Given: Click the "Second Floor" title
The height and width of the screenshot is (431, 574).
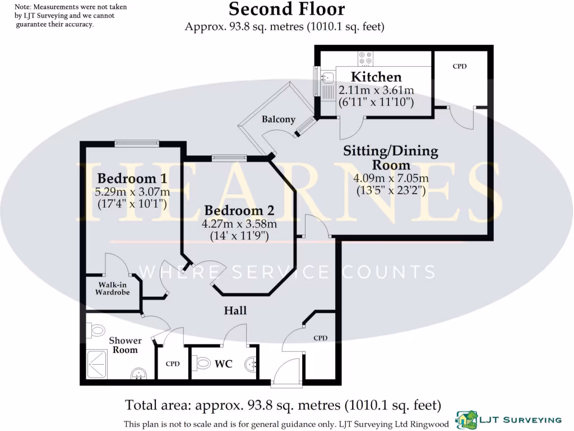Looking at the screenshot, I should tap(286, 9).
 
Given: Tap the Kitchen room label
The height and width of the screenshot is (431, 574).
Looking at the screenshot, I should tap(376, 77).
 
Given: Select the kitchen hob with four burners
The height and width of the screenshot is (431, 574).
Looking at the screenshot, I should tap(365, 58).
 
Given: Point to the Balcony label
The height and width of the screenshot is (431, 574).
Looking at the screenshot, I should tap(279, 119).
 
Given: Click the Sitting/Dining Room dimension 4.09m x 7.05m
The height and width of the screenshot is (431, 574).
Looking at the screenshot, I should tap(391, 178).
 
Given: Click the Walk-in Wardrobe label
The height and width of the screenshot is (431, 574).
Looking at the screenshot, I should tap(112, 288).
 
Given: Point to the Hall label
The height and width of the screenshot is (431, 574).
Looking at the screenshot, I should tap(235, 310).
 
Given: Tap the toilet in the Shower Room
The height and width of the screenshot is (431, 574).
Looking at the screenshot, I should tap(96, 329).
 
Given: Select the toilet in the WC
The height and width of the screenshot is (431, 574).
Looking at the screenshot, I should tap(203, 364).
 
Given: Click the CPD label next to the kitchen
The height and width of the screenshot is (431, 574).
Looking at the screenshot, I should tap(460, 66).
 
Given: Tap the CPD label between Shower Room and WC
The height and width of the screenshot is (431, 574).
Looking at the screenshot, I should tap(173, 364).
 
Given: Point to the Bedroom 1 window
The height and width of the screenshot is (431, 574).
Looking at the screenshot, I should tap(137, 144).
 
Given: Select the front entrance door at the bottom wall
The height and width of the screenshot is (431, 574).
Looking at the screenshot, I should tap(287, 384).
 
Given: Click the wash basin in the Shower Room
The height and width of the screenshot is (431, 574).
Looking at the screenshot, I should tap(138, 373).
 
